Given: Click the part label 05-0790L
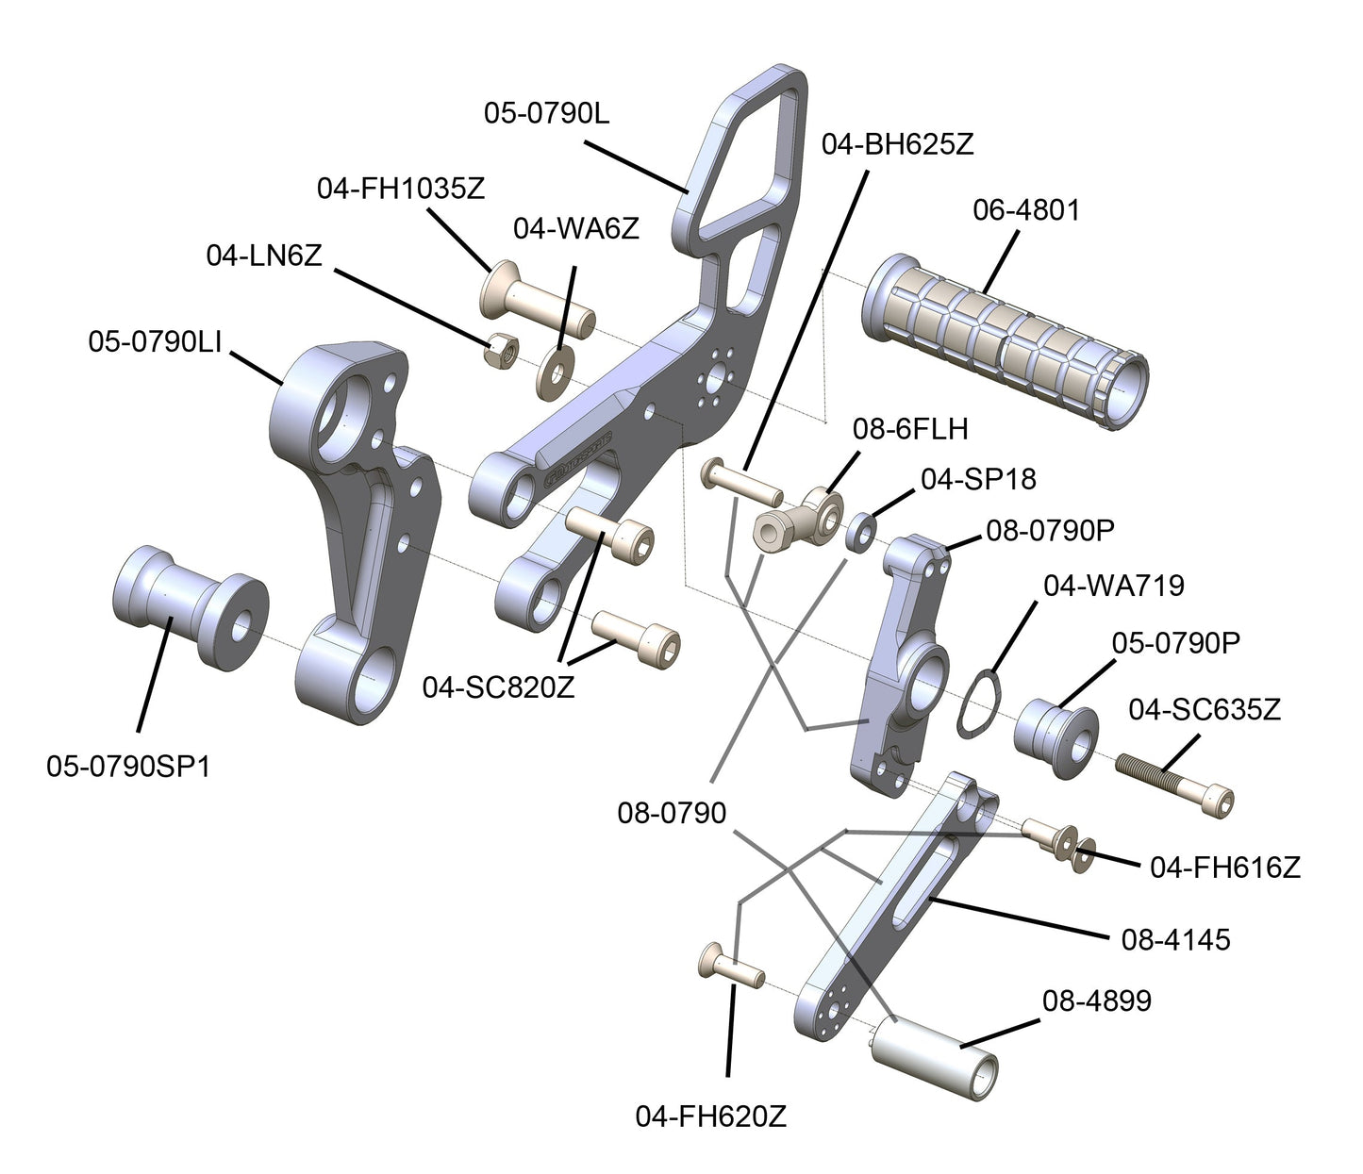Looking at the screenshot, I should [546, 112].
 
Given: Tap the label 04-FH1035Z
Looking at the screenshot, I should [401, 188].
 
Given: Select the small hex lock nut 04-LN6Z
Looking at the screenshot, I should [500, 351].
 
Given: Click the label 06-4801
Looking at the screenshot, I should [1025, 209].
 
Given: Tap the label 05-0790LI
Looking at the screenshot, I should [155, 342].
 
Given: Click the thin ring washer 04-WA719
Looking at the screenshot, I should [977, 703].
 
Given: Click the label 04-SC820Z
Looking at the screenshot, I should [498, 687].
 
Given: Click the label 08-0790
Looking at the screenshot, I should [672, 813].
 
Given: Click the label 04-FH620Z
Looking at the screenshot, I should [710, 1117].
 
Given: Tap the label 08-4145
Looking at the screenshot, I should [1174, 939].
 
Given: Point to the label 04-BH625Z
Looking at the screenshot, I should [897, 144].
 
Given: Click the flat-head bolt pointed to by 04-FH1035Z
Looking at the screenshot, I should [538, 301].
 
